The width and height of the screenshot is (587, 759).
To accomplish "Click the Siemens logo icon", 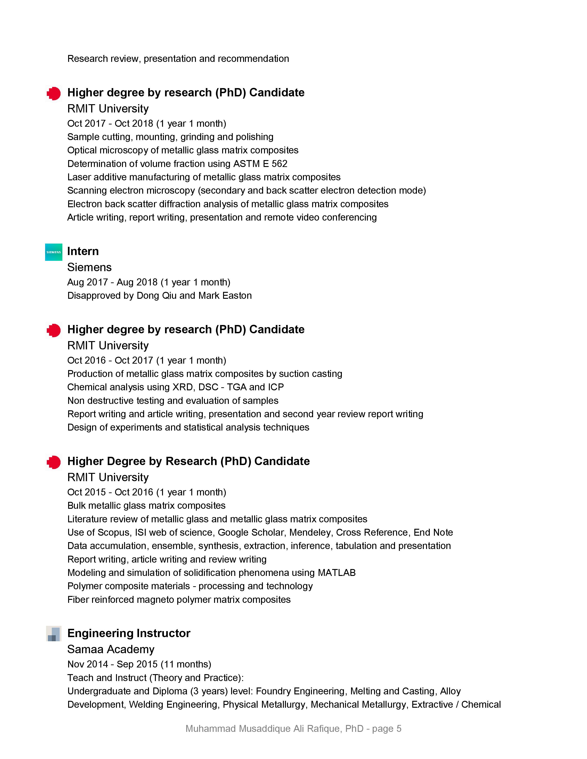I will tap(54, 252).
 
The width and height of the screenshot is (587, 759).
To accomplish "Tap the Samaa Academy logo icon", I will tap(54, 634).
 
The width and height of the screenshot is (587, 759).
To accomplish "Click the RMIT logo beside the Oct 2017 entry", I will tap(54, 93).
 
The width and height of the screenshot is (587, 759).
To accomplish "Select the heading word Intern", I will tap(83, 251).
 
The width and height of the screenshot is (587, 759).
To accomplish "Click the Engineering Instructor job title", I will tap(129, 633).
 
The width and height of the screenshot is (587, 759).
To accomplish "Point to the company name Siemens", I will tap(89, 267).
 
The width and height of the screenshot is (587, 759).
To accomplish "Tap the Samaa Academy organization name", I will tap(110, 649).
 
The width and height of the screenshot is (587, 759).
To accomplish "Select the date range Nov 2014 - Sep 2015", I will tap(112, 664).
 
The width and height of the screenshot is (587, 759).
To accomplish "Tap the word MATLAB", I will tap(337, 573).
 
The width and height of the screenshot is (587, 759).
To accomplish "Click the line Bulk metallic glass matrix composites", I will tap(146, 506).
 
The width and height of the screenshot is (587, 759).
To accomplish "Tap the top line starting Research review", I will tap(178, 59).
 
